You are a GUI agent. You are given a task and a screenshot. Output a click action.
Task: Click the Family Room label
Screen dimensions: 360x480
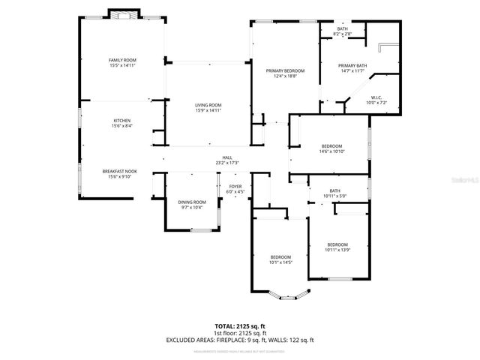pos(121,62)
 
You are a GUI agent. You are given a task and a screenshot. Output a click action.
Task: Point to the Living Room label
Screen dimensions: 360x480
pos(208,107)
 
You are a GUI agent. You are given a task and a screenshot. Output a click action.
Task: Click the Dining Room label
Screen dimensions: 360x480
pos(192,204)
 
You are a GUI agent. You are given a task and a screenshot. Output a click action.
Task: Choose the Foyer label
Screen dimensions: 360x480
pos(235,188)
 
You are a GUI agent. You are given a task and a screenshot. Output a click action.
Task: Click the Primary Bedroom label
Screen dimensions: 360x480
pos(284,73)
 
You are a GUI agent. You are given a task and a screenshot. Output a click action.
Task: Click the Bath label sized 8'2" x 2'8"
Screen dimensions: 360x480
pos(342,31)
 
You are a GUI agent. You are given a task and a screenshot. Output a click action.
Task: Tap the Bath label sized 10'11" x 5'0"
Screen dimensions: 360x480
pos(334,193)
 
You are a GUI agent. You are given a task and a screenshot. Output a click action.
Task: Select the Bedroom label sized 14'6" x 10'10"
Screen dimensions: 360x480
pos(331,148)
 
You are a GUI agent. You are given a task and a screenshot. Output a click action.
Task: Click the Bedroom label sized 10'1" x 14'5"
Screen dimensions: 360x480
pos(280,259)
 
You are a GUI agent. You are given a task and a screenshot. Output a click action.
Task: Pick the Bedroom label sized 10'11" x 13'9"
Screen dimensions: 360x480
pos(337,247)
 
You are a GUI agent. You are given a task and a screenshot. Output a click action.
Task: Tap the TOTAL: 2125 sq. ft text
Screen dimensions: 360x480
pos(240,327)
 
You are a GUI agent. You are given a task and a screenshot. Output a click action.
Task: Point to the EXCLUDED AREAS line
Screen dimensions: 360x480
pos(240,340)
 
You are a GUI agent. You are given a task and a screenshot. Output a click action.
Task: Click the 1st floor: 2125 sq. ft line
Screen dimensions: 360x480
pos(240,334)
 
